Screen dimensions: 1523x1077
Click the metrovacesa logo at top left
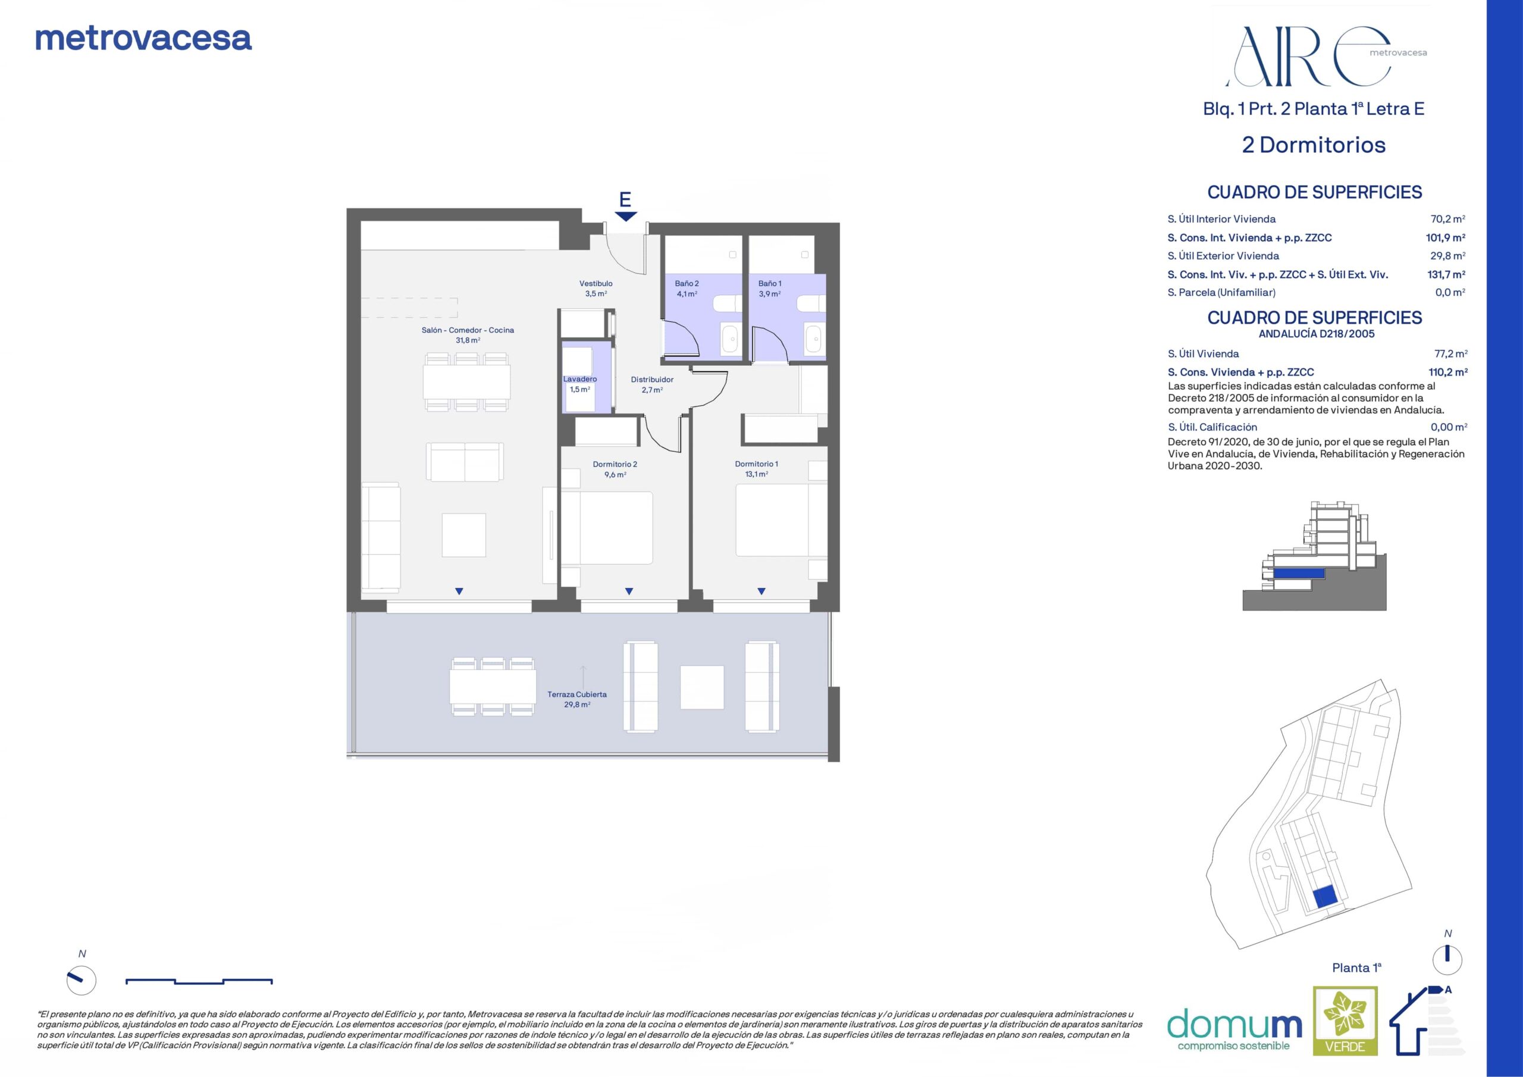coord(143,39)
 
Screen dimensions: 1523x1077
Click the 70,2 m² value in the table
coord(1447,219)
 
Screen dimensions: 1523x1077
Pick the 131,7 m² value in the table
coord(1446,274)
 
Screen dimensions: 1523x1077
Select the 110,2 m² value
coord(1447,372)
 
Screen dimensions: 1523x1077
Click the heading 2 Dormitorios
coord(1314,145)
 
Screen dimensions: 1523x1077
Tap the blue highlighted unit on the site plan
coord(1325,897)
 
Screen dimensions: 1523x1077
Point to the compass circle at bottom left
coord(82,980)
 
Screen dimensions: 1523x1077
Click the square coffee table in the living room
coord(463,535)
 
